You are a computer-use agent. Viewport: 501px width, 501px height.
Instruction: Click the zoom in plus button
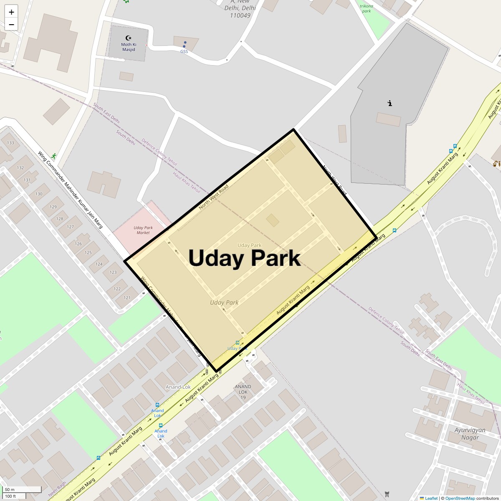tap(11, 12)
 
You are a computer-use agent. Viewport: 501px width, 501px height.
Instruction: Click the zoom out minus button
tap(11, 24)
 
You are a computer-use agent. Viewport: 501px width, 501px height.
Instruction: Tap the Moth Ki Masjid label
tap(129, 47)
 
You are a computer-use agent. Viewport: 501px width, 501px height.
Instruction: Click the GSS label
tap(184, 51)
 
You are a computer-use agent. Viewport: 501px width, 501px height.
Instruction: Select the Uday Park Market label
tap(143, 230)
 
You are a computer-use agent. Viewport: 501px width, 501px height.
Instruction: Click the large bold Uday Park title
tap(244, 258)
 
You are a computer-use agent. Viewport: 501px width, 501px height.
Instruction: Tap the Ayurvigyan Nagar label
tap(470, 433)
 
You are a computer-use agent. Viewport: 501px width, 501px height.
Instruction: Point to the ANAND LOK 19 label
tap(243, 392)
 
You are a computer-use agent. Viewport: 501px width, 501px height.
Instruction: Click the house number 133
tap(10, 143)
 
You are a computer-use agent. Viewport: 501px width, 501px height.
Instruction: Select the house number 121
tap(127, 298)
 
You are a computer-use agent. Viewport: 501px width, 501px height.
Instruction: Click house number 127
tap(70, 227)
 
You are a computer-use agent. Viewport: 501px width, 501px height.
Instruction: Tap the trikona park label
tap(366, 8)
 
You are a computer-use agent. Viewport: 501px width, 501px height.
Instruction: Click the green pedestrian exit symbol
tap(53, 156)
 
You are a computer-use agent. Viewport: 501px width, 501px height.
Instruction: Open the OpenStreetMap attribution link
tap(460, 498)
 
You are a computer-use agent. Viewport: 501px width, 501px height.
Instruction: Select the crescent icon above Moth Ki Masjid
tap(128, 38)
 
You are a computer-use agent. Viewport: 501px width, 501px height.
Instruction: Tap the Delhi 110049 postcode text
tap(240, 12)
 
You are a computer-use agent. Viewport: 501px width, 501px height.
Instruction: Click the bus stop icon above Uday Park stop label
tap(238, 342)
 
